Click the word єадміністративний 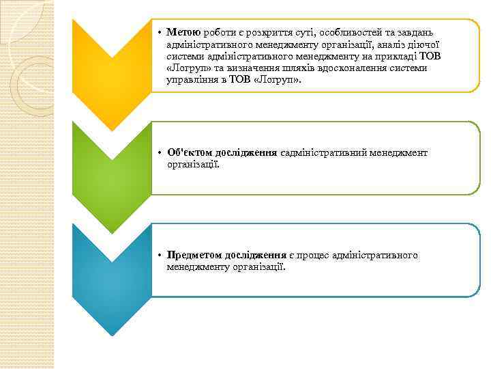click(323, 153)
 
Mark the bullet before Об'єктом click(157, 153)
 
